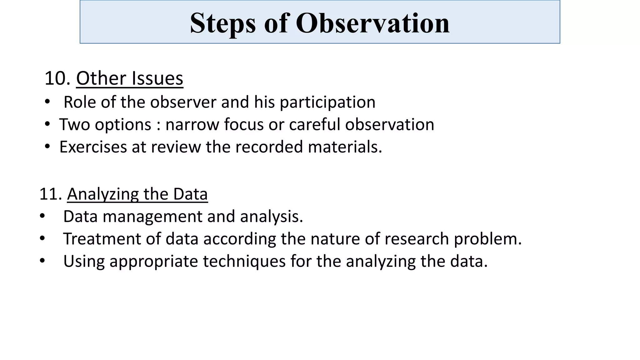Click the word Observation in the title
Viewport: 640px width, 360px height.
[x=372, y=23]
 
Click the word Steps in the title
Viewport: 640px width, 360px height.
[x=223, y=23]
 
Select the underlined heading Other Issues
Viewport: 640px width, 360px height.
[x=130, y=78]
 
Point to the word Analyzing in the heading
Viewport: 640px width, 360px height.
[x=103, y=194]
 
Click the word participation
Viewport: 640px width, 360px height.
[x=327, y=102]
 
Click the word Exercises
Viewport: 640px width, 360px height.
[x=93, y=147]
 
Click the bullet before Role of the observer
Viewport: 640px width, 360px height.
[x=47, y=102]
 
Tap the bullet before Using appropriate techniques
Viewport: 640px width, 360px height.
[x=42, y=261]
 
